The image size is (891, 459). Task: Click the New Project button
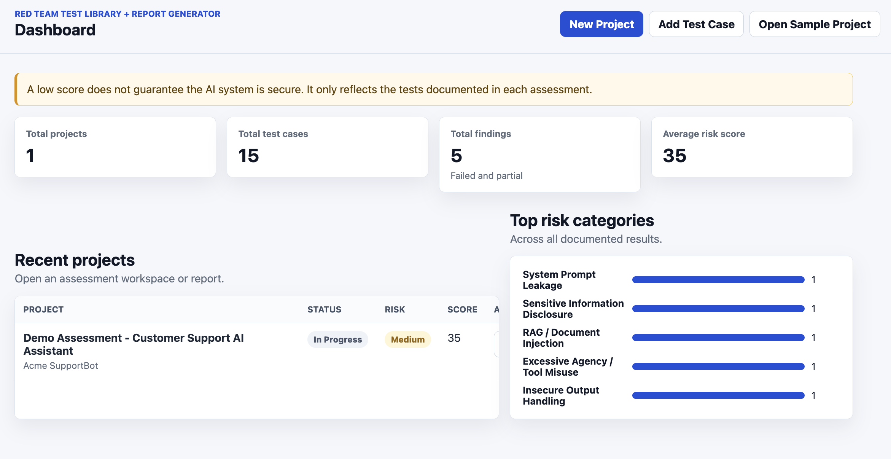(x=601, y=24)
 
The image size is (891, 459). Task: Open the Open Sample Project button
(x=815, y=24)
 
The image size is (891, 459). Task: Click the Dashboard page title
(x=55, y=30)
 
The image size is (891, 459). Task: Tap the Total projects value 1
(x=30, y=156)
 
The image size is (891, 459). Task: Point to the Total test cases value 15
(x=249, y=156)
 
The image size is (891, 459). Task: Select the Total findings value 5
(x=457, y=156)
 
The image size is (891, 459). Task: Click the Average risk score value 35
(x=675, y=156)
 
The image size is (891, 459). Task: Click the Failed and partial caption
(x=487, y=176)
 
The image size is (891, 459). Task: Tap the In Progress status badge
(x=338, y=339)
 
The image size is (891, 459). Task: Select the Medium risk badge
(x=408, y=339)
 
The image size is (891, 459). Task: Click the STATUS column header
(x=325, y=309)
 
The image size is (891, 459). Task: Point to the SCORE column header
(x=462, y=309)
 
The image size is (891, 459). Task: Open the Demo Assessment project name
(x=134, y=344)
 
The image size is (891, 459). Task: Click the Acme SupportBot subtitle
(x=61, y=366)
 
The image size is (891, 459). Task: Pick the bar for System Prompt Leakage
(x=718, y=280)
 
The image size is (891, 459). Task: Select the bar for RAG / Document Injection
(x=718, y=338)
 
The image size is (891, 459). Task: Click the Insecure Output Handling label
(x=561, y=395)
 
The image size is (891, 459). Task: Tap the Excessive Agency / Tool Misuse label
(x=568, y=367)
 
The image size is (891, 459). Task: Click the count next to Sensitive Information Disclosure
(x=813, y=309)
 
